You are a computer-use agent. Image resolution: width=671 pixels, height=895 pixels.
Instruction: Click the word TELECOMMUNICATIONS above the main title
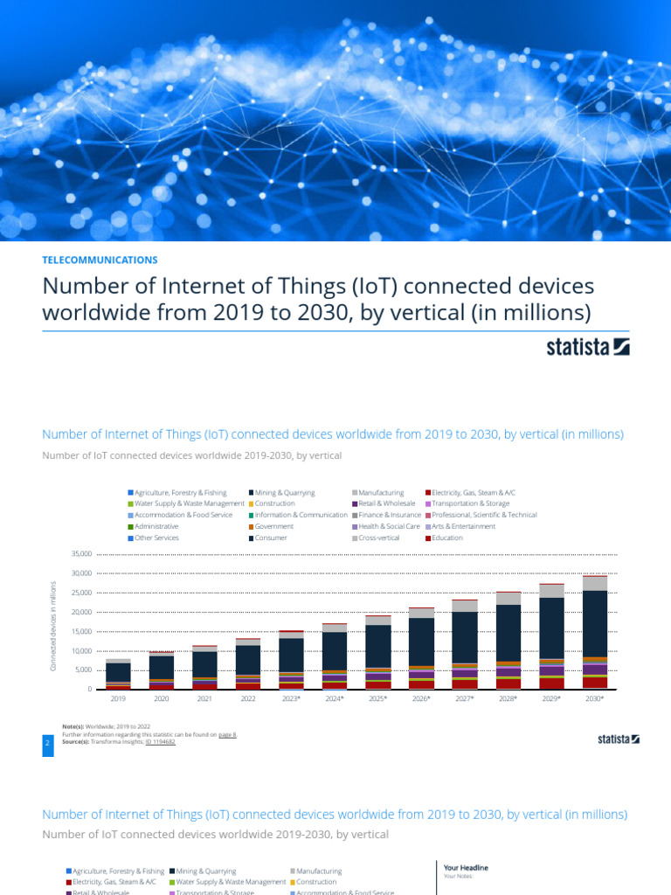click(100, 260)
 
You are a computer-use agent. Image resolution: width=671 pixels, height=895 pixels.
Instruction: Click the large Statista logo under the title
click(588, 347)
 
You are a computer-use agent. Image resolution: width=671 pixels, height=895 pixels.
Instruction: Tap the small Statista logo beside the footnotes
click(618, 739)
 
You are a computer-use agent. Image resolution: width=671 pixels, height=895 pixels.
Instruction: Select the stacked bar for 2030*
click(595, 633)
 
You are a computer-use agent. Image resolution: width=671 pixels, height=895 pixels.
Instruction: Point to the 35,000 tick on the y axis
click(79, 554)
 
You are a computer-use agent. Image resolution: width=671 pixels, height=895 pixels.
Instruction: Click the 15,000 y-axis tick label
click(79, 632)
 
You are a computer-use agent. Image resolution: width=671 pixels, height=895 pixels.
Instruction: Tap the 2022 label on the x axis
click(248, 699)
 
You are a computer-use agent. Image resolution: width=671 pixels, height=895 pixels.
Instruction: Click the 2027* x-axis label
click(465, 699)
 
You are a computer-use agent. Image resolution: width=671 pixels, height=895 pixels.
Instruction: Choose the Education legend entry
click(446, 538)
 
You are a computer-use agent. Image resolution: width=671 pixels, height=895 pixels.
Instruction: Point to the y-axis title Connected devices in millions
click(52, 627)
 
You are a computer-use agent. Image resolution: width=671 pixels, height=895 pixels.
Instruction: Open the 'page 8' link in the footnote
click(226, 735)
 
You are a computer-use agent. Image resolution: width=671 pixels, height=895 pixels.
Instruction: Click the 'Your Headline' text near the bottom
click(466, 867)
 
